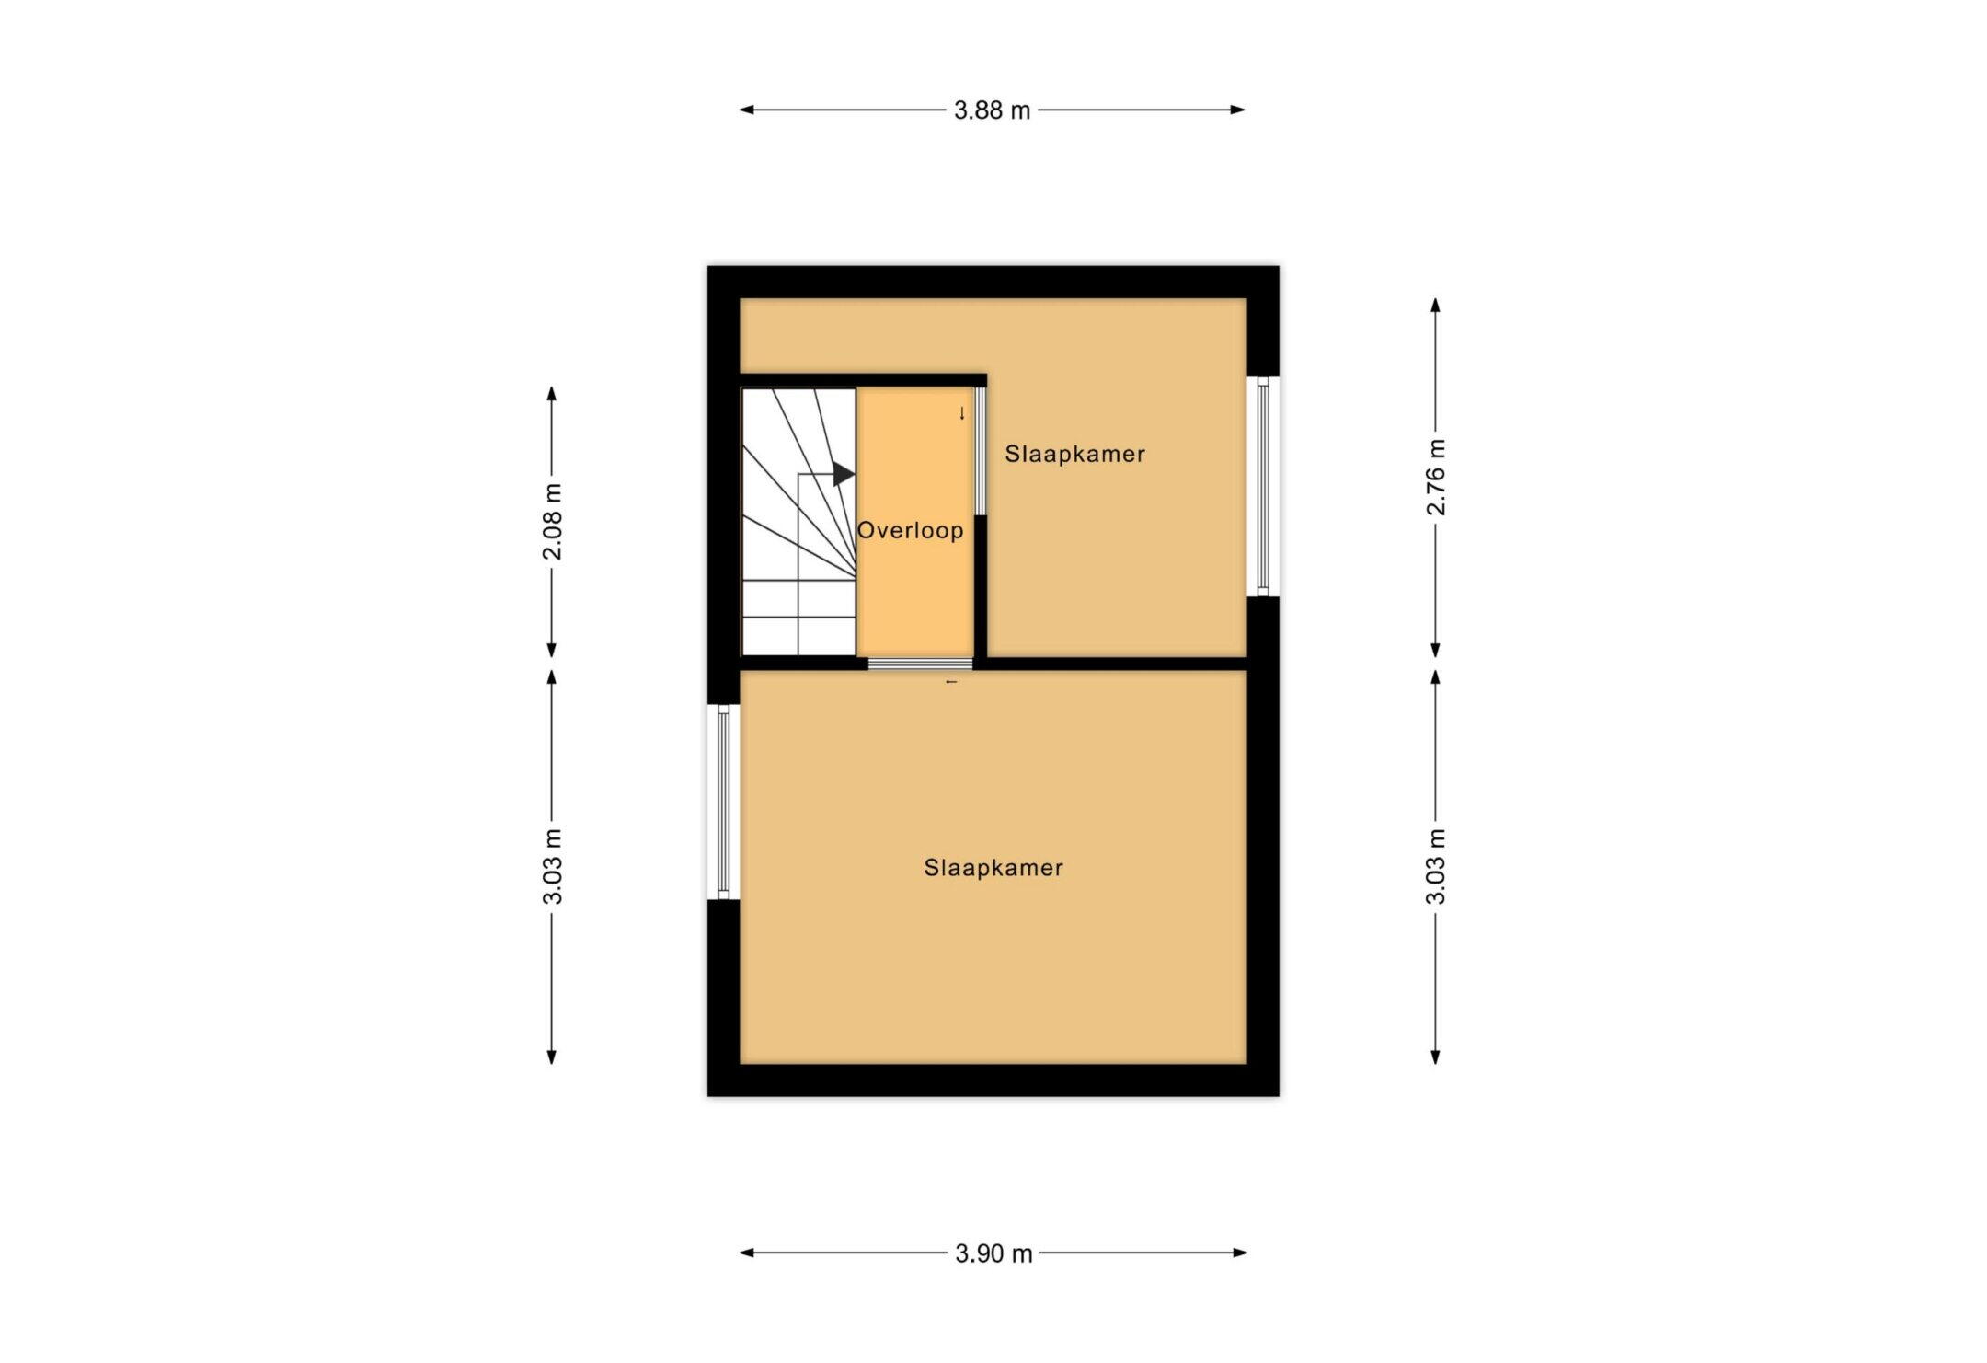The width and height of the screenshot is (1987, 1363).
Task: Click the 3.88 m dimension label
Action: (992, 110)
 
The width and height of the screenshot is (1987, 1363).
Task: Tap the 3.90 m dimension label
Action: (993, 1253)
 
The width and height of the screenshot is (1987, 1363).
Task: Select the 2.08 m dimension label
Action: (552, 521)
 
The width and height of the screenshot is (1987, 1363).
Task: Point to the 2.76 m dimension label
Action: (1436, 477)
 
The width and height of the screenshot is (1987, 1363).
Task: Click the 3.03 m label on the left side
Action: (552, 866)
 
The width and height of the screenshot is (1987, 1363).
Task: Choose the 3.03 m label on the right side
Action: (1436, 866)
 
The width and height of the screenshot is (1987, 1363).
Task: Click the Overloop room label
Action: (911, 530)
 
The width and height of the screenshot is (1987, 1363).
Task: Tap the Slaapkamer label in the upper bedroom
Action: (1074, 454)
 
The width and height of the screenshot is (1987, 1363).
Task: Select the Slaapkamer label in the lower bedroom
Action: (993, 868)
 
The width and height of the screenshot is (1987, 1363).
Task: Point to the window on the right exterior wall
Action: (1263, 486)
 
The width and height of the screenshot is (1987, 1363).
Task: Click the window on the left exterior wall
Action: (723, 802)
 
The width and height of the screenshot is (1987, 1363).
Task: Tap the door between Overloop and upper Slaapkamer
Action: (981, 451)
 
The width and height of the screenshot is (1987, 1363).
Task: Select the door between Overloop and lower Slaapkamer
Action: (920, 664)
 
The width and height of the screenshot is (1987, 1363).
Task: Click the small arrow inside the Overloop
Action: (962, 413)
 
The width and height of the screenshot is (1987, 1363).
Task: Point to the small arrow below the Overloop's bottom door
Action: (952, 682)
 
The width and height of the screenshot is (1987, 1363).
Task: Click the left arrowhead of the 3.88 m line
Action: (747, 110)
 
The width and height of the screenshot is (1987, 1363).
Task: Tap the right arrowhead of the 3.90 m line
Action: (1240, 1253)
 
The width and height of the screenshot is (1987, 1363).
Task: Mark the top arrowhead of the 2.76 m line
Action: (1436, 306)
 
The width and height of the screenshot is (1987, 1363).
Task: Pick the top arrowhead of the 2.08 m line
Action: (552, 394)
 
